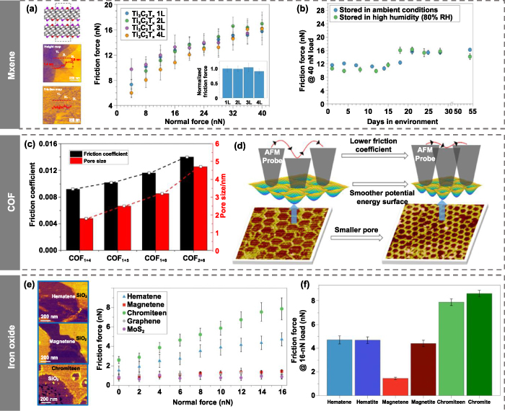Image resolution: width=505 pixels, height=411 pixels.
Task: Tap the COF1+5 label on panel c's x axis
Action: coord(120,258)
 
